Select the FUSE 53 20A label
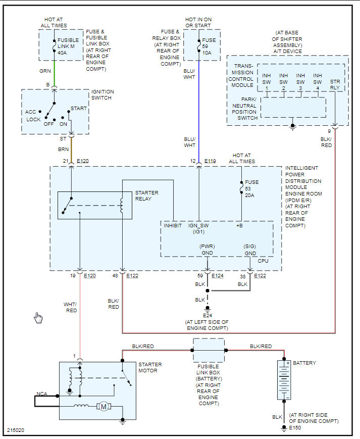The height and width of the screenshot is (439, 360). click(x=251, y=188)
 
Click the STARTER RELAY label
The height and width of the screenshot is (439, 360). click(x=147, y=196)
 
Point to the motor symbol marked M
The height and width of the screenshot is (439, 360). click(x=104, y=406)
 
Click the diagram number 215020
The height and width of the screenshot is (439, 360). click(x=16, y=431)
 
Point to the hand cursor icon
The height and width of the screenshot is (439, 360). click(x=38, y=318)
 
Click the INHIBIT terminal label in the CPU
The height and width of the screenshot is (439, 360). click(x=173, y=225)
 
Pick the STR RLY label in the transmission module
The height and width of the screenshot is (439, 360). click(x=335, y=84)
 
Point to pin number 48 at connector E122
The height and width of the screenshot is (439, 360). click(x=116, y=275)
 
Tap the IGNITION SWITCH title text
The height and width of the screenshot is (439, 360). click(x=102, y=94)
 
